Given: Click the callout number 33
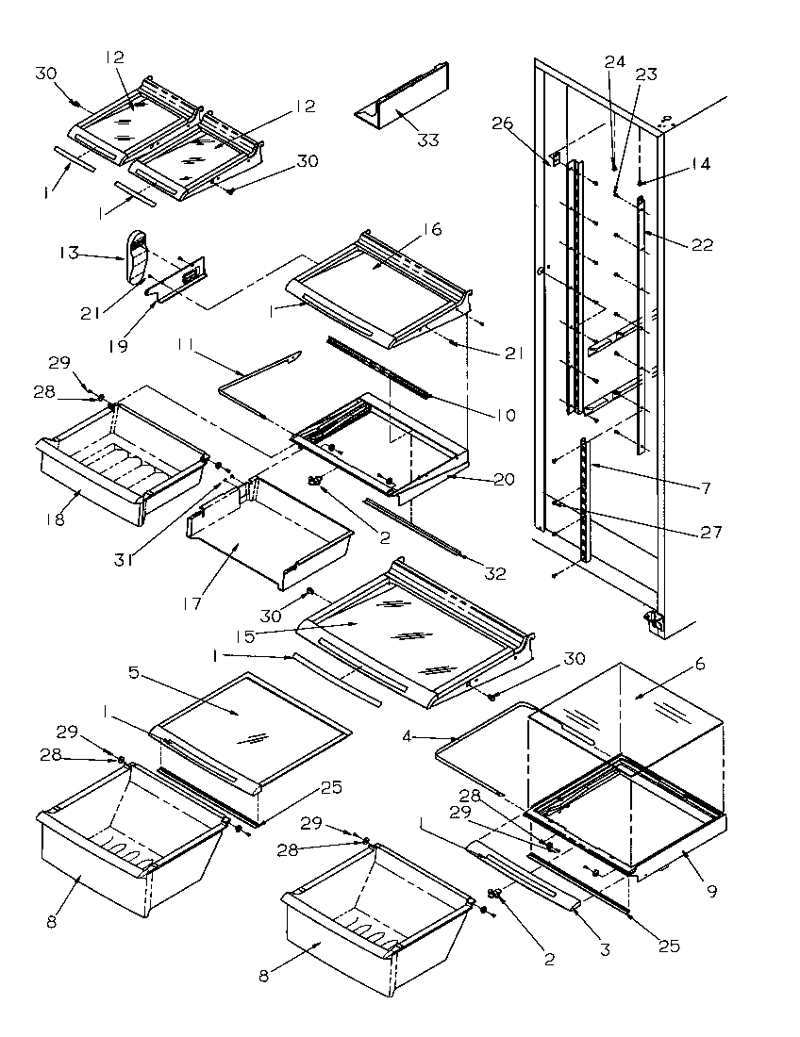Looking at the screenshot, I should point(428,140).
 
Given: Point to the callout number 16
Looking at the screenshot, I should point(433,229).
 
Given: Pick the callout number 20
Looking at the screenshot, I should point(504,479).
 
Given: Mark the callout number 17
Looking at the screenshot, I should point(193,602).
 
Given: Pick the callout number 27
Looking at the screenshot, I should point(711,533).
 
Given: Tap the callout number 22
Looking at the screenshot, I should point(703,246).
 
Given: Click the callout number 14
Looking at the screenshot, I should point(699,164).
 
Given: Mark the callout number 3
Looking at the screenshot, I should point(605,950).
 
